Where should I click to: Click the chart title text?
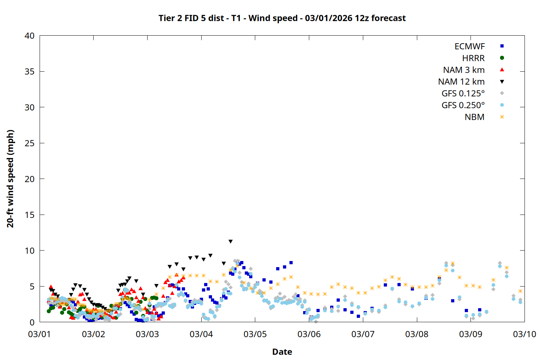click(x=282, y=18)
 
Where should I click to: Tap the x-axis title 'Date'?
click(x=282, y=352)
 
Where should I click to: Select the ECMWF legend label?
click(x=469, y=46)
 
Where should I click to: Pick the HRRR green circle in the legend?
click(x=502, y=58)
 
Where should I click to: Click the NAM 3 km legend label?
click(x=464, y=70)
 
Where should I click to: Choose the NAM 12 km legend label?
click(x=461, y=82)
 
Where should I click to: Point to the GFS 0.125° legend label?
click(x=463, y=94)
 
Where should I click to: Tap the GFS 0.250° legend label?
click(x=463, y=105)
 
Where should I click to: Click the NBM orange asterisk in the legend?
click(x=502, y=117)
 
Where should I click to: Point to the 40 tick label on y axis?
click(x=30, y=36)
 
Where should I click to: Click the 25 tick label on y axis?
click(x=30, y=143)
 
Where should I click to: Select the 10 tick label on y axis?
click(x=30, y=251)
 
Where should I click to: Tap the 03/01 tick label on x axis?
click(x=40, y=334)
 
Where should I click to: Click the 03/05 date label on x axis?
click(x=255, y=334)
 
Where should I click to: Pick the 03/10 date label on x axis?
click(x=524, y=334)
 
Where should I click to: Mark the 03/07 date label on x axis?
click(x=363, y=334)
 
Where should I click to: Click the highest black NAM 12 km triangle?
click(x=230, y=242)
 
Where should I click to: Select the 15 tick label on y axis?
click(x=30, y=215)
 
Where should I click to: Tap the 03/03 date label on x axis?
click(x=147, y=334)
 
